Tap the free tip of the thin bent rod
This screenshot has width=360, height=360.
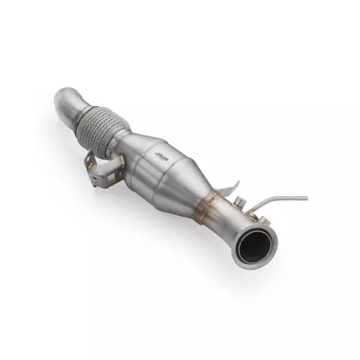click(306, 198)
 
